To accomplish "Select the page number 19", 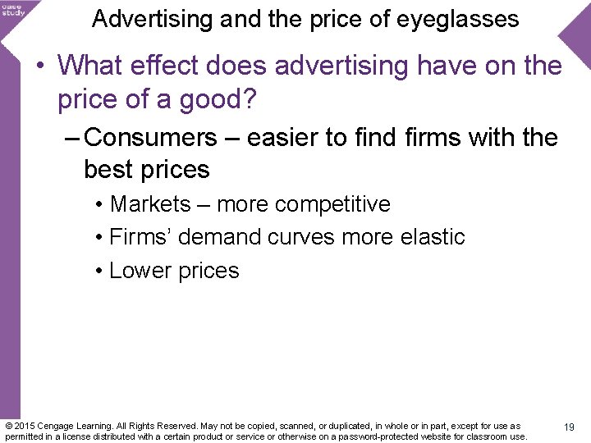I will pos(569,427).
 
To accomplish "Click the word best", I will pos(110,170).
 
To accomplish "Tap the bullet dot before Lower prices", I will pos(98,272).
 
